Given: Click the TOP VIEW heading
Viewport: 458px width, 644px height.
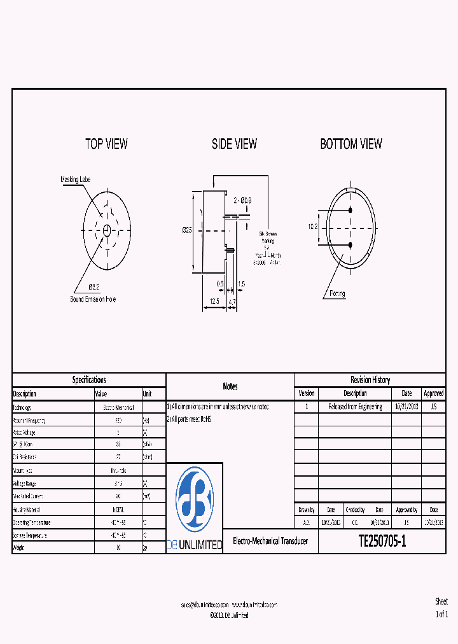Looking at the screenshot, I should (106, 144).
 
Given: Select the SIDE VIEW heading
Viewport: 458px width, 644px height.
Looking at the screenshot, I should (234, 144).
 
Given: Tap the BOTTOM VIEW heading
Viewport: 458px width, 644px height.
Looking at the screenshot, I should (351, 144).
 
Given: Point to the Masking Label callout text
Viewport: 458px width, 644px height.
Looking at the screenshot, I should (76, 179).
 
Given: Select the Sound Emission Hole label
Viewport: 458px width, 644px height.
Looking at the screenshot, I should (93, 299).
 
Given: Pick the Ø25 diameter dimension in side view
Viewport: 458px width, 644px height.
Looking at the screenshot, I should (187, 230).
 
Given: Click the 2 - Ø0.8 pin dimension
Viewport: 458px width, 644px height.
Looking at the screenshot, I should (243, 200).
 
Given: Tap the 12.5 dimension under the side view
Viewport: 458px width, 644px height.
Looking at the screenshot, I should (214, 302).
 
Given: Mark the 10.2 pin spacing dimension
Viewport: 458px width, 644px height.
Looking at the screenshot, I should (312, 227).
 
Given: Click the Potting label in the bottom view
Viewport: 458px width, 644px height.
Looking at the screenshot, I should (337, 294).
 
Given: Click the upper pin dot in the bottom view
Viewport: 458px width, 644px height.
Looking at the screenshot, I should (350, 210).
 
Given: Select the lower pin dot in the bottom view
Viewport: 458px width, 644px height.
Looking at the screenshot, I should (350, 244).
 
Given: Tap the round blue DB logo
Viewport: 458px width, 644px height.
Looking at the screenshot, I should (195, 500).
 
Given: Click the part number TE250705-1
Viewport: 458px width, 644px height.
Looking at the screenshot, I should (382, 542).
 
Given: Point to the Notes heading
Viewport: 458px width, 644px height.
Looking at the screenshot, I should (230, 386).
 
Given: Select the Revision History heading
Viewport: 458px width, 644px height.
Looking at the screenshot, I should (370, 380).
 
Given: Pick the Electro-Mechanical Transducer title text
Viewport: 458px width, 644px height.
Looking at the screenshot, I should (270, 541).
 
